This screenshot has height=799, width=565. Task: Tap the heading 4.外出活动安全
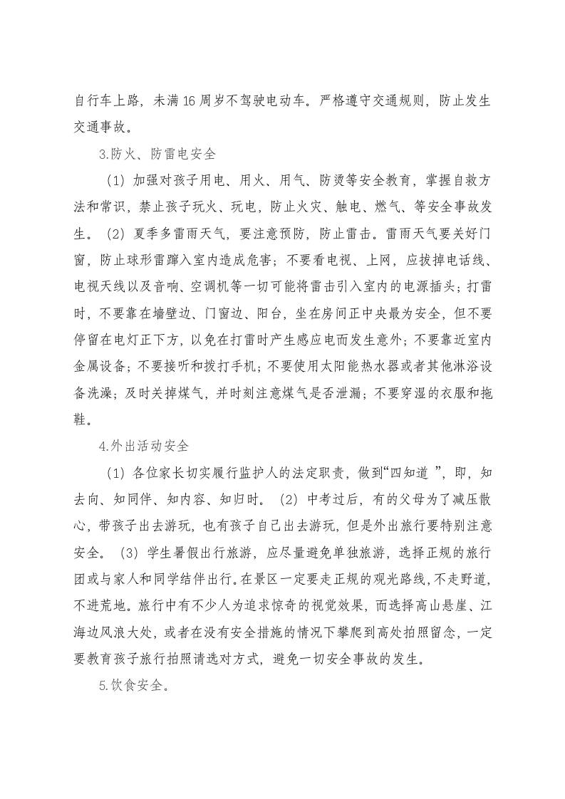pos(144,446)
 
